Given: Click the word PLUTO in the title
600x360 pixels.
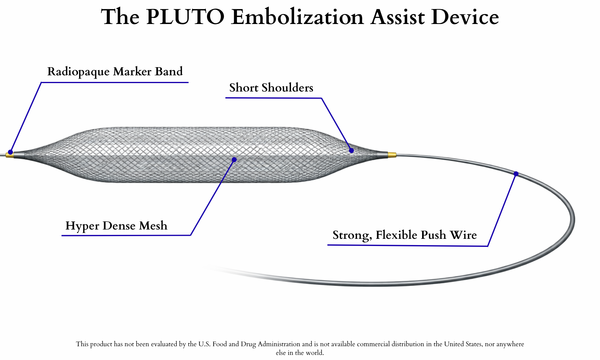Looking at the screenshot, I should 185,17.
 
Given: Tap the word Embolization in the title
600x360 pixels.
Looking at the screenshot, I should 298,17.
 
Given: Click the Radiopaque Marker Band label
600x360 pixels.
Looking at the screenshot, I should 115,72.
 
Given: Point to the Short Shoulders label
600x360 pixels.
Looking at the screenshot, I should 271,88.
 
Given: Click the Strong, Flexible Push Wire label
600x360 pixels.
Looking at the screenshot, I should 405,235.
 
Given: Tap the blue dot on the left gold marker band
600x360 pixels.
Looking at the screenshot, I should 10,152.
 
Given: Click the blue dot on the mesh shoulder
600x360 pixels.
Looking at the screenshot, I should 351,150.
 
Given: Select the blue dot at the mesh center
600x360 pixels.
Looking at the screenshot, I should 234,160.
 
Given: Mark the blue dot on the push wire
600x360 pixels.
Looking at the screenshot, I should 516,174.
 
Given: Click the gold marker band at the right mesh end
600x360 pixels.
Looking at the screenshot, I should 392,155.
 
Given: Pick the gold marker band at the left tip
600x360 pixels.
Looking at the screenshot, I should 10,156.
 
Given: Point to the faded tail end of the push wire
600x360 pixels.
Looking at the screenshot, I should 216,268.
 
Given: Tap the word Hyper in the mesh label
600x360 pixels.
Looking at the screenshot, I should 82,226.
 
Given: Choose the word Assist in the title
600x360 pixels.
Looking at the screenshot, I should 397,17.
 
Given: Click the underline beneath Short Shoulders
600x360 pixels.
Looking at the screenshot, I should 273,98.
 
